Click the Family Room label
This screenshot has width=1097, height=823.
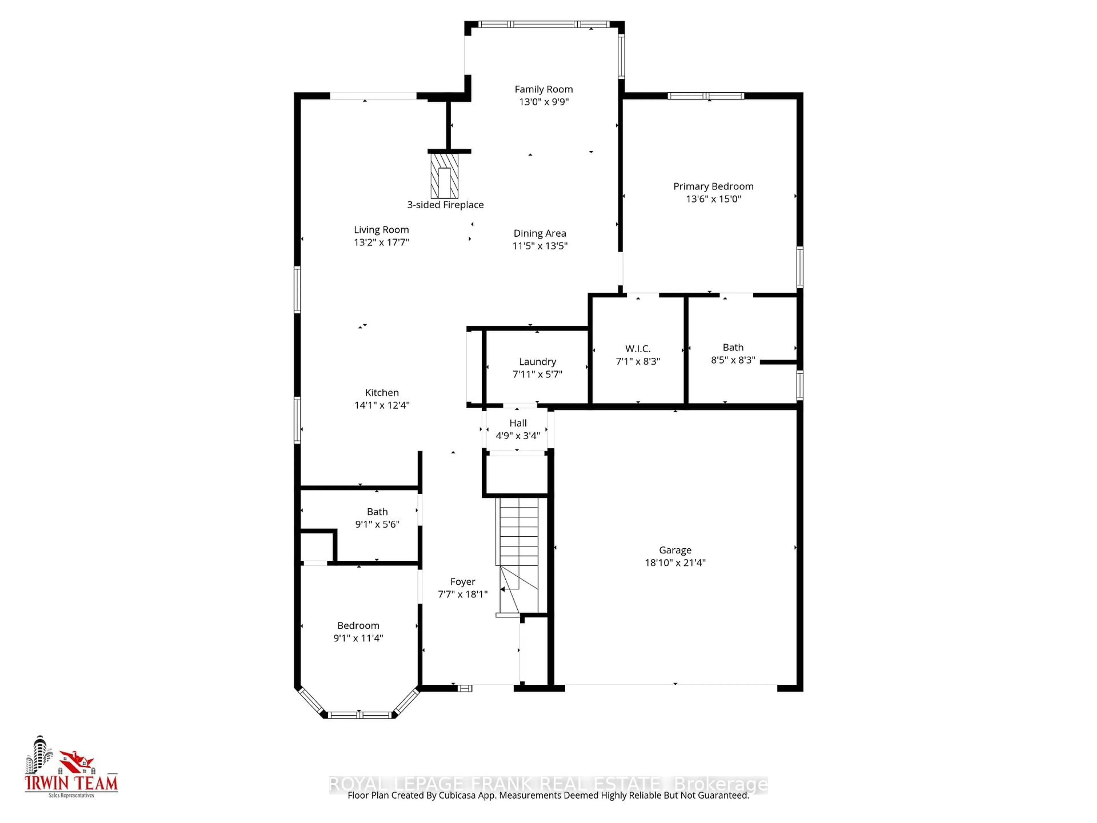(544, 89)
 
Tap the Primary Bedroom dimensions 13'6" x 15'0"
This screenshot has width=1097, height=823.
(713, 199)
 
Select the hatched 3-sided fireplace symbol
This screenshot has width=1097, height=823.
(444, 176)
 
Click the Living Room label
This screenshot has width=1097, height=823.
(381, 230)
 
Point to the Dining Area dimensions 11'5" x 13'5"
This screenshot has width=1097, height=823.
(540, 245)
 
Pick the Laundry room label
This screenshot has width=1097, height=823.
(537, 362)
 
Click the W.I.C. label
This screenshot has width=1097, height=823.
(638, 349)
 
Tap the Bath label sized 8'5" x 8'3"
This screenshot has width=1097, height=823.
(732, 347)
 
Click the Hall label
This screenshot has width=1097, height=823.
(518, 423)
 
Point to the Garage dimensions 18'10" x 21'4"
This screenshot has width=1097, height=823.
(675, 563)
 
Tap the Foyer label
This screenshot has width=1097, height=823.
(462, 582)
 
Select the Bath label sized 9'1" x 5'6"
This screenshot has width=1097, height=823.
(377, 512)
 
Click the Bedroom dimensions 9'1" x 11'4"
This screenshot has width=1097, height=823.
(358, 638)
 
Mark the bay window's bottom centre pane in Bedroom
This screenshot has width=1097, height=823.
(360, 715)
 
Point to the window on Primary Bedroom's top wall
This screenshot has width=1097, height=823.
(705, 96)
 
